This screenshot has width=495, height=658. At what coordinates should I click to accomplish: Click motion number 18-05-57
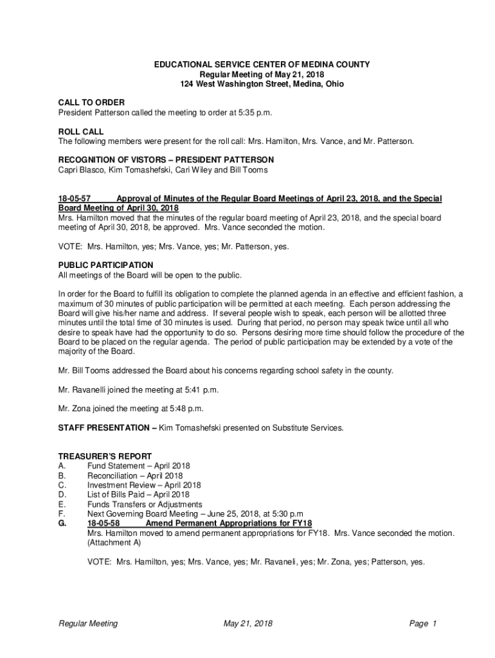pyautogui.click(x=74, y=199)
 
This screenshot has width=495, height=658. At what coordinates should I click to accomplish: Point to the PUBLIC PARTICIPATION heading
pyautogui.click(x=105, y=265)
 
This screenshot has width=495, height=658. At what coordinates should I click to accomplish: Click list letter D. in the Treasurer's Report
pyautogui.click(x=62, y=495)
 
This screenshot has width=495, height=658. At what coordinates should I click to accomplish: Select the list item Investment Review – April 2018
pyautogui.click(x=144, y=485)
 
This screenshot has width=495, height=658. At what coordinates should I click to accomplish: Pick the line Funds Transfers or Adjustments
pyautogui.click(x=145, y=504)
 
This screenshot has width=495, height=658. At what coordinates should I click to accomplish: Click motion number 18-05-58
pyautogui.click(x=103, y=523)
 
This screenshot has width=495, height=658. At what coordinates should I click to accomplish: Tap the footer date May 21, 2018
pyautogui.click(x=248, y=623)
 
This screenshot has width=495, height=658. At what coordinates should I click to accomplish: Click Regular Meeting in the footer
pyautogui.click(x=88, y=623)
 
